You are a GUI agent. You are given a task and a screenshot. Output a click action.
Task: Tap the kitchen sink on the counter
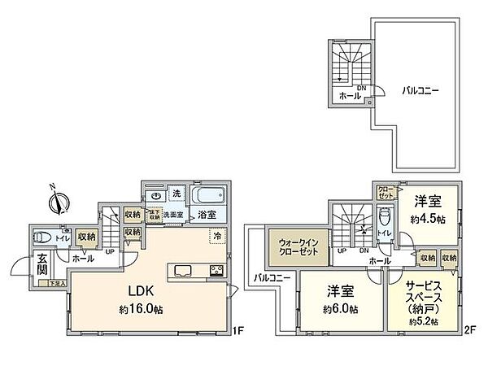[x=181, y=271]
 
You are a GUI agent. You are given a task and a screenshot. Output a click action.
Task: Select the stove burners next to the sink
[x=216, y=271]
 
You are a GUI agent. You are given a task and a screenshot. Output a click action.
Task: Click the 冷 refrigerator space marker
[x=216, y=236]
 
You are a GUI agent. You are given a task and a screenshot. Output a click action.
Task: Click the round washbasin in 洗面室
[x=155, y=196]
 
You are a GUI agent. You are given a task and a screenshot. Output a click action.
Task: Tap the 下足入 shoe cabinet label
[x=54, y=283]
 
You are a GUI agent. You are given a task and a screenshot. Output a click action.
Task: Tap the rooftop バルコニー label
[x=421, y=91]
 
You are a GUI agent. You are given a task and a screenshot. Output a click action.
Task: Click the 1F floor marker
[x=237, y=331]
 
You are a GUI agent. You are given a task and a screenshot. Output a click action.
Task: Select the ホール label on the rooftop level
[x=350, y=96]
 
